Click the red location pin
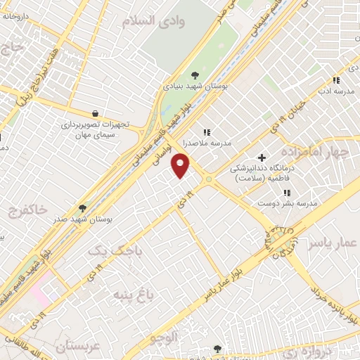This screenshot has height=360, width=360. [x=181, y=166]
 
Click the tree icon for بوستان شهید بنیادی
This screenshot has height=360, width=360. [x=195, y=76]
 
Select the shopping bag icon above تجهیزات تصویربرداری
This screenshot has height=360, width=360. [x=95, y=112]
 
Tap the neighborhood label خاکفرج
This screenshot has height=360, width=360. [x=28, y=210]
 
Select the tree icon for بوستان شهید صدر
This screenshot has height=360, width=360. [x=83, y=208]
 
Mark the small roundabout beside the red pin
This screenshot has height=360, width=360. [x=209, y=181]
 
